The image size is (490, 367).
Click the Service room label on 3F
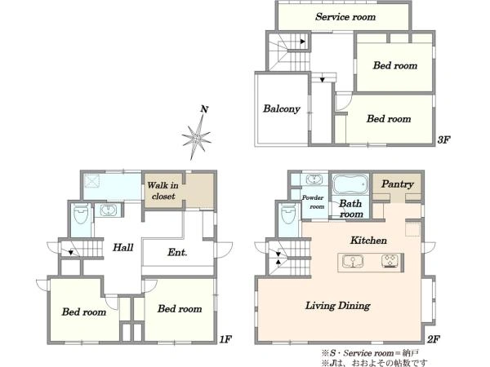pyautogui.click(x=345, y=16)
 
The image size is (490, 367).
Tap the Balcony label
pyautogui.click(x=281, y=108)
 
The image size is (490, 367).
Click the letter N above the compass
pyautogui.click(x=204, y=109)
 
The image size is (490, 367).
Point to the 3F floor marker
pyautogui.click(x=443, y=139)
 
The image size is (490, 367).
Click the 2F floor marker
pyautogui.click(x=434, y=339)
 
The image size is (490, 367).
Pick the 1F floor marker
pyautogui.click(x=225, y=339)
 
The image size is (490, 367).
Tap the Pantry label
pyautogui.click(x=397, y=184)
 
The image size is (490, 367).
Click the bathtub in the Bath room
pyautogui.click(x=350, y=184)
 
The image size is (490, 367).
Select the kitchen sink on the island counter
pyautogui.click(x=353, y=262)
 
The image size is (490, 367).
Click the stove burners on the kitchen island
pyautogui.click(x=390, y=262)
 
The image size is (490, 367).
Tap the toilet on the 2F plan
pyautogui.click(x=288, y=214)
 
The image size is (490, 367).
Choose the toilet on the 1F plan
pyautogui.click(x=81, y=214)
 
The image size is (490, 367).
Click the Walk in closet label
pyautogui.click(x=163, y=191)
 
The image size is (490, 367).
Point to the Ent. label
pyautogui.click(x=177, y=252)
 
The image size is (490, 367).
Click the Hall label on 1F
pyautogui.click(x=123, y=248)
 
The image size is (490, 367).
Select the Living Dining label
pyautogui.click(x=337, y=306)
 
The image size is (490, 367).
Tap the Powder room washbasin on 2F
pyautogui.click(x=314, y=179)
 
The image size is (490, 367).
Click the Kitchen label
pyautogui.click(x=368, y=241)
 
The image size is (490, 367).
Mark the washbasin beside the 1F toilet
pyautogui.click(x=108, y=210)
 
